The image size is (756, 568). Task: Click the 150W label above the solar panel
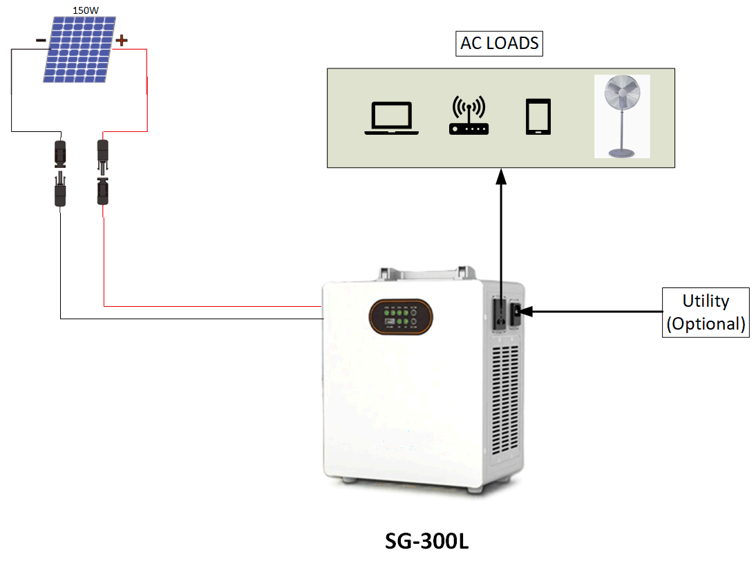coord(86,10)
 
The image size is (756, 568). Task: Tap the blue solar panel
coord(79,50)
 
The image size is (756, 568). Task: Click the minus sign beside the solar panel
coord(41,41)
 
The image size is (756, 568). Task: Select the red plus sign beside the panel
coord(122,39)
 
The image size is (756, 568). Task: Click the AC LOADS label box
coord(499,44)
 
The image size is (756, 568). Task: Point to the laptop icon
coord(392,118)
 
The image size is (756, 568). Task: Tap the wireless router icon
coord(469,115)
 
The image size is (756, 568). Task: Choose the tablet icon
coord(538,117)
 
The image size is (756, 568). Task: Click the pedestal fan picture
coord(622,116)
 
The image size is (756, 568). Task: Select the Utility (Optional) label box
coord(706,312)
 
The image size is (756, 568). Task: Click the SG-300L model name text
coord(426,541)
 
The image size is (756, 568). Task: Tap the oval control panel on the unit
coord(401,316)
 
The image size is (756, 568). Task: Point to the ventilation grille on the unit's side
coord(505,399)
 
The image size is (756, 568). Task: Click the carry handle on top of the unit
coord(426,273)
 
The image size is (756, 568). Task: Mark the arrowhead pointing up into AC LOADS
coord(502,176)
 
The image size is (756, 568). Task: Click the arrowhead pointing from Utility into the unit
coord(526,312)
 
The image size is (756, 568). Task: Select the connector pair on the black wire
coord(60,173)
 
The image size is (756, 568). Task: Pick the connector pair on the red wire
coord(103,172)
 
